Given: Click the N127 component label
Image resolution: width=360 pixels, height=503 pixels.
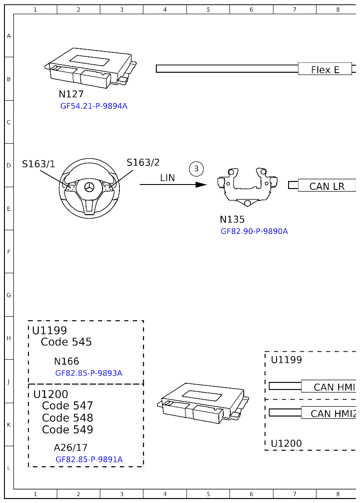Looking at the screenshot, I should pos(71,94).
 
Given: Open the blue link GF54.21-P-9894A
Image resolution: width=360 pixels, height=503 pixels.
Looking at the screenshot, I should pos(94,106).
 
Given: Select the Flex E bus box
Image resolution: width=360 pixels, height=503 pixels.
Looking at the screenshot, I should pos(325,69).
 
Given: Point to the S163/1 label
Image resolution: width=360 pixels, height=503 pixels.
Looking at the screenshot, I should pos(39,164).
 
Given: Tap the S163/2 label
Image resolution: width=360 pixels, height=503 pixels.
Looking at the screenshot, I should pos(143,162).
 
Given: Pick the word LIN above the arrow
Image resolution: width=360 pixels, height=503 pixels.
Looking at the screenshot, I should pos(167,177).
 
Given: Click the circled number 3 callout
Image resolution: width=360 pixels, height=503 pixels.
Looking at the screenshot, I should pos(196,169).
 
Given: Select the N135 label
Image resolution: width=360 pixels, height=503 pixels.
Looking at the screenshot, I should pos(232,220).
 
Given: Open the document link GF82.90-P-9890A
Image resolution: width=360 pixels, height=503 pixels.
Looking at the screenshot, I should pos(254,231).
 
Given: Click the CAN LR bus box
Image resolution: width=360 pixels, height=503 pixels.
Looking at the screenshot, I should pos(327,186).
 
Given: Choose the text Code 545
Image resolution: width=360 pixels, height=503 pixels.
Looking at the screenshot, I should pos(66,342).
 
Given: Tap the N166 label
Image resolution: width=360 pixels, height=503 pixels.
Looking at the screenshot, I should pos(67,362).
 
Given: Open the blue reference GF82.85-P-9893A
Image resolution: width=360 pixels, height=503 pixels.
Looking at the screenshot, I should pos(88,373).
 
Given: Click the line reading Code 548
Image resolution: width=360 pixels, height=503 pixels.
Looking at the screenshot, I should pos(67,418).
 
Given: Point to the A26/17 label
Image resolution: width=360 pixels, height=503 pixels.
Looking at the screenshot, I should pos(71,448).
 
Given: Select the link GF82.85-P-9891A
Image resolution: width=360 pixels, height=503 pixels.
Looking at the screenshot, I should pos(89,459).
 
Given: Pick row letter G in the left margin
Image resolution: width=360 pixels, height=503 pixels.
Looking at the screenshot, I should pos(8,295).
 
